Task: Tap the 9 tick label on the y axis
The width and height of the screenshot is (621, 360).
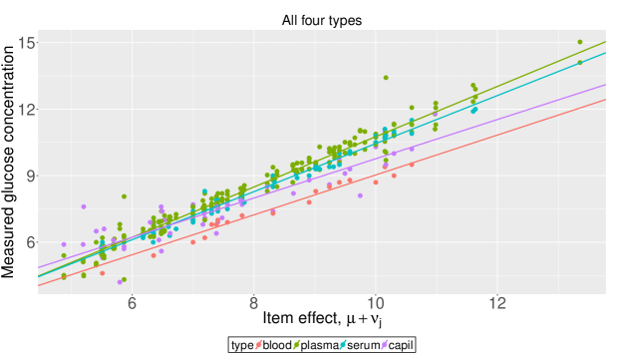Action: click(30, 175)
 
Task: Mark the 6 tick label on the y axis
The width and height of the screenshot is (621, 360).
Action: click(30, 241)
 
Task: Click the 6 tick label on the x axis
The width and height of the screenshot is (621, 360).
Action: click(132, 302)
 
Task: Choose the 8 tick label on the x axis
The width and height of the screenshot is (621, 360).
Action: click(253, 302)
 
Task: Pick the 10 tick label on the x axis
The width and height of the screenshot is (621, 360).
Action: click(376, 302)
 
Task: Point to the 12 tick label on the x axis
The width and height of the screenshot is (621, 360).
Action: click(497, 302)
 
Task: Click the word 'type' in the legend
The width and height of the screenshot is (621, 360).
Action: click(242, 345)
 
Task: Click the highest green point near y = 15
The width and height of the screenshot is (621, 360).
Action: click(579, 42)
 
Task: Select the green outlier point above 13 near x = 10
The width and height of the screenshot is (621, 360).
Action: click(386, 78)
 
